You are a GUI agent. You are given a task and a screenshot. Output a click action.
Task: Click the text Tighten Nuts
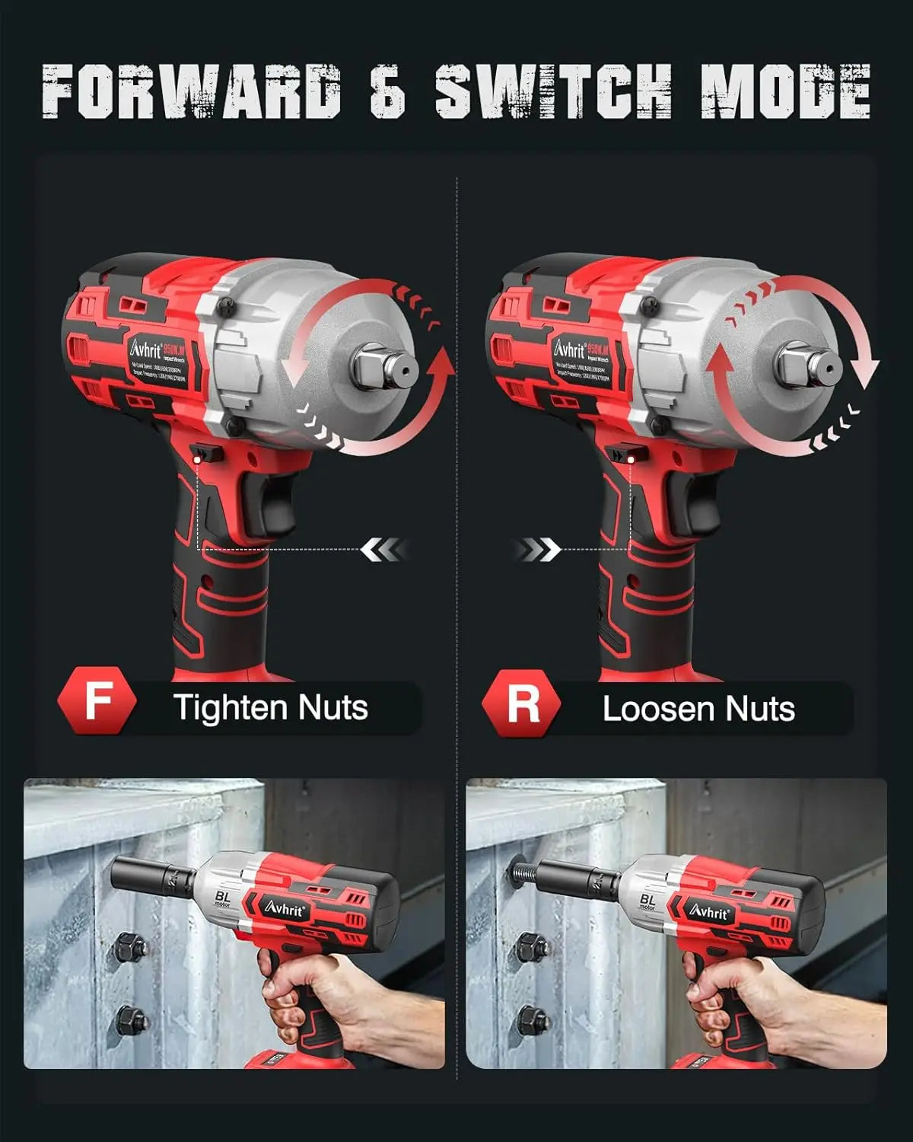pos(270,707)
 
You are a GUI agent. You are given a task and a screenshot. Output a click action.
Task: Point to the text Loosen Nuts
pos(698,709)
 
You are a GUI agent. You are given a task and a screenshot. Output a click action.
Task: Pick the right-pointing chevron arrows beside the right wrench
pos(538,549)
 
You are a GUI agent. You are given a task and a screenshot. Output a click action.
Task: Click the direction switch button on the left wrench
pos(207,455)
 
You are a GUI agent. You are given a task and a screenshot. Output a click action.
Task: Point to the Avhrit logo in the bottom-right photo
pos(710,911)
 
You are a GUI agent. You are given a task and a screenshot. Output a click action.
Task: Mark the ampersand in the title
pos(387,91)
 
